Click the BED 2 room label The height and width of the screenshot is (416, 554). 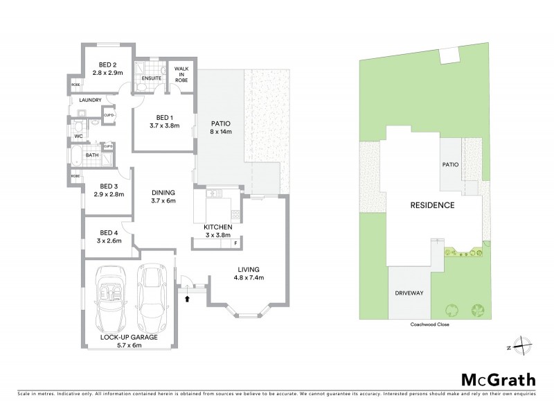108,63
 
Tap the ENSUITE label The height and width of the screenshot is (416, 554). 151,78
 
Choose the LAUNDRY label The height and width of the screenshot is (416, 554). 91,100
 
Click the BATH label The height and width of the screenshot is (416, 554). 92,155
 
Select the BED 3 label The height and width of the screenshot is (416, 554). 111,186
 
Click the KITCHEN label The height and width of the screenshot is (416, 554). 217,227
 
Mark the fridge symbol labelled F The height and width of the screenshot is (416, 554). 235,243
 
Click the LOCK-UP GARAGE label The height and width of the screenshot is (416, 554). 128,337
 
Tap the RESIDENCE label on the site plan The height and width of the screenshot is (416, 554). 432,205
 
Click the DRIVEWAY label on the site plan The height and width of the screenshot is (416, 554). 409,293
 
